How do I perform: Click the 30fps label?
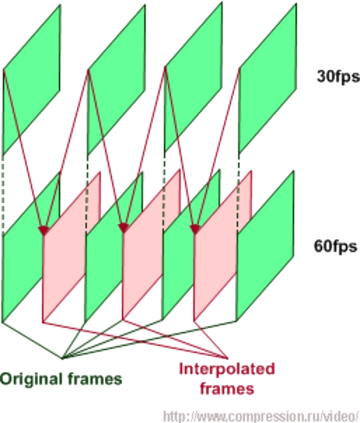pyautogui.click(x=338, y=76)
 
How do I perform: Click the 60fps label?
pyautogui.click(x=335, y=247)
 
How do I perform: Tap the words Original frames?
pyautogui.click(x=61, y=379)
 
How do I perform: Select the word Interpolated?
pyautogui.click(x=227, y=369)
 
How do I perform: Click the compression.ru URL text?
pyautogui.click(x=261, y=416)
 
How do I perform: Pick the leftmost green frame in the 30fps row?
pyautogui.click(x=32, y=80)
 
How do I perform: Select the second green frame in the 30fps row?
pyautogui.click(x=116, y=80)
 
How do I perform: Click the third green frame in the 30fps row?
pyautogui.click(x=193, y=77)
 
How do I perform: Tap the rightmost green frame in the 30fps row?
pyautogui.click(x=268, y=78)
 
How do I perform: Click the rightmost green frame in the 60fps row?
pyautogui.click(x=265, y=246)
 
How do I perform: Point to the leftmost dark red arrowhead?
pyautogui.click(x=43, y=231)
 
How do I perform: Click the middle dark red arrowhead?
pyautogui.click(x=123, y=228)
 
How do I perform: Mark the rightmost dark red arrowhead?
pyautogui.click(x=195, y=229)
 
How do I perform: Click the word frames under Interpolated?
pyautogui.click(x=227, y=389)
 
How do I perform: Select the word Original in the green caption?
pyautogui.click(x=32, y=380)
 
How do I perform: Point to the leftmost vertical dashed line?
pyautogui.click(x=3, y=193)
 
